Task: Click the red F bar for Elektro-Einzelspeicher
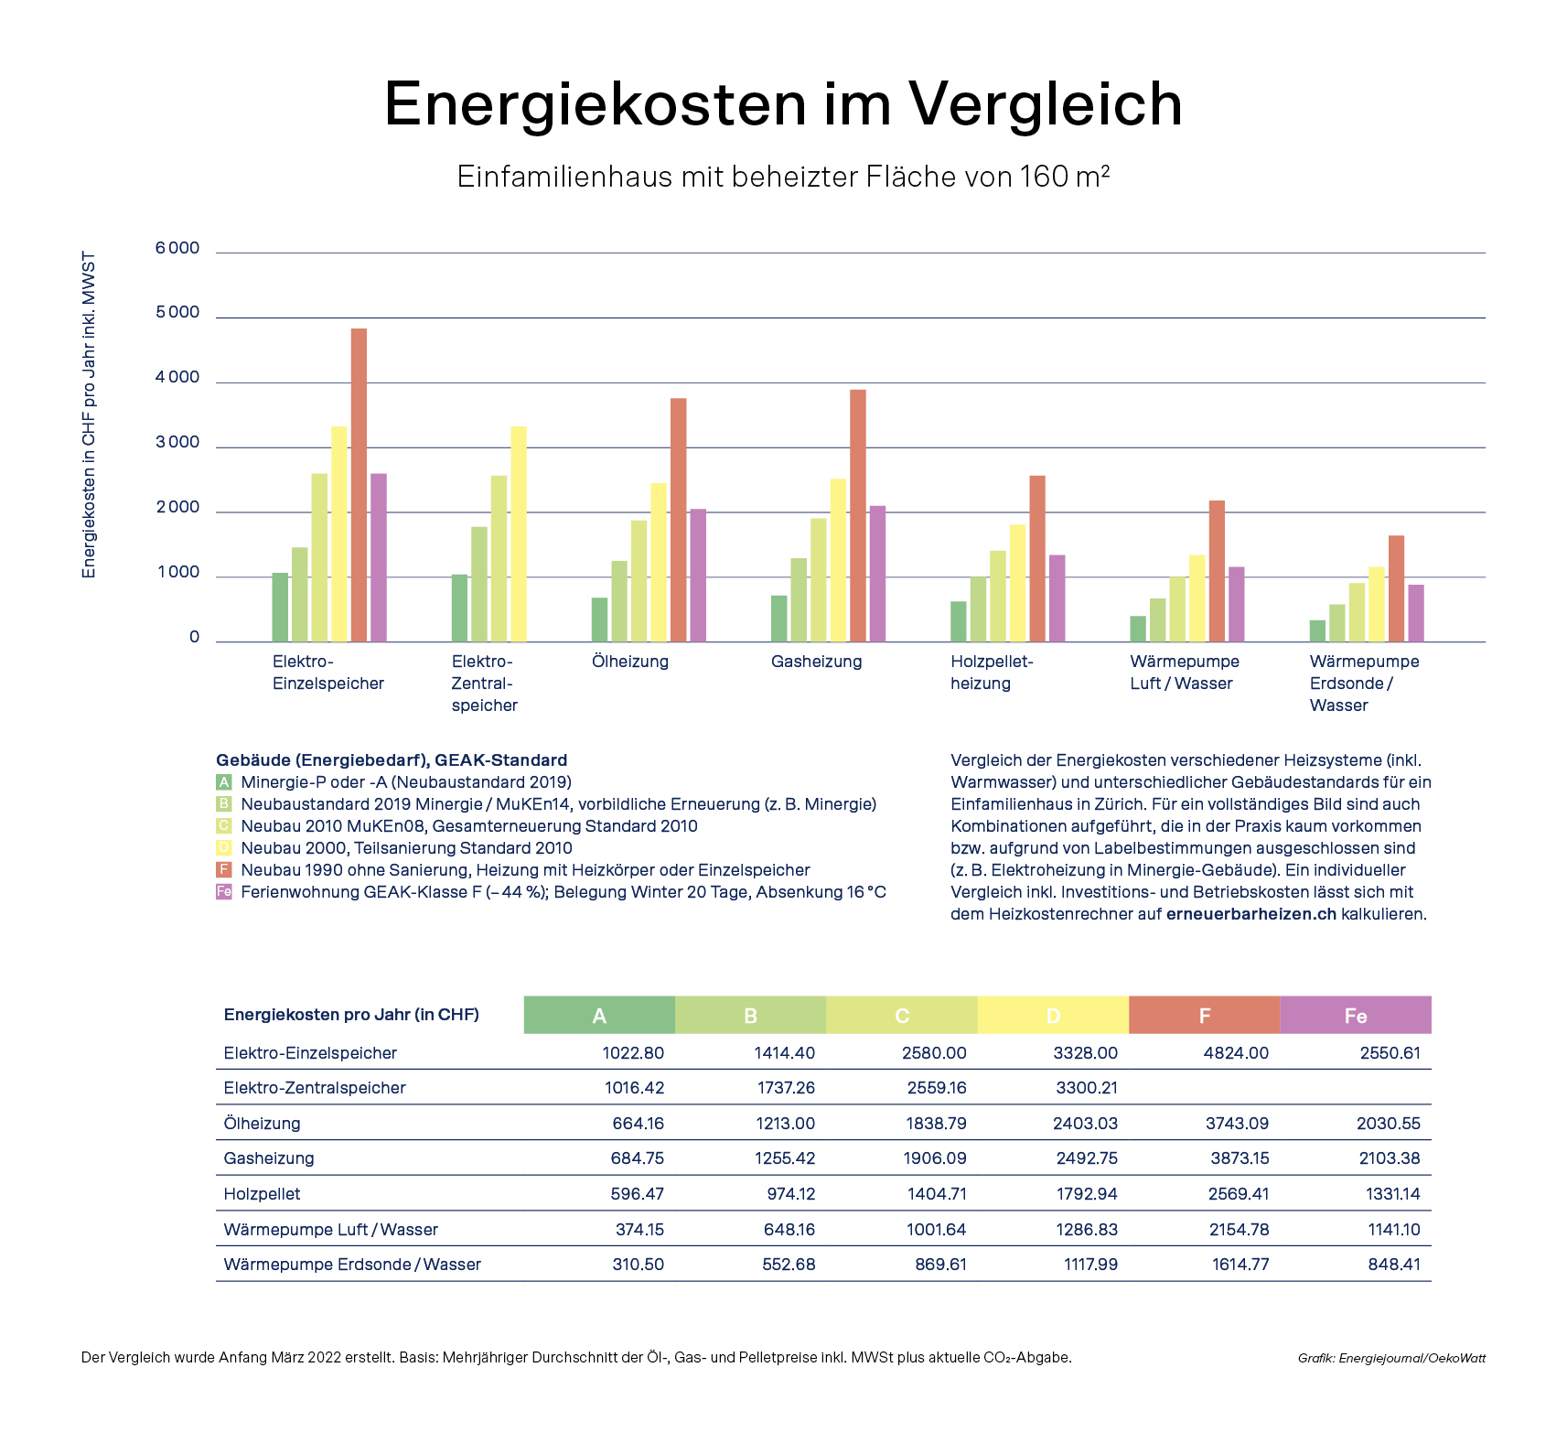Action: point(359,485)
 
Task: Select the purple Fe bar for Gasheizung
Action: point(877,574)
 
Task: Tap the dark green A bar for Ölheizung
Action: point(599,619)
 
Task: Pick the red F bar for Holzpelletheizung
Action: point(1036,558)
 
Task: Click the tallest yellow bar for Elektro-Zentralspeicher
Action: point(519,533)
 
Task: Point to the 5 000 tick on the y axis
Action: point(177,313)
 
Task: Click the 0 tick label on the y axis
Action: point(194,638)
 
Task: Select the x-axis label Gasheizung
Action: point(816,662)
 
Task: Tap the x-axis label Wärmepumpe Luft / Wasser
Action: point(1184,673)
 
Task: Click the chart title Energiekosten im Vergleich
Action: point(783,103)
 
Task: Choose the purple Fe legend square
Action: point(224,892)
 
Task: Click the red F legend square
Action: point(224,870)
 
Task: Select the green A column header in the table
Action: point(599,1016)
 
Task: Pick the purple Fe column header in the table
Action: point(1355,1016)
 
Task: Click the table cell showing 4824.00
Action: point(1236,1053)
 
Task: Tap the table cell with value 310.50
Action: point(638,1265)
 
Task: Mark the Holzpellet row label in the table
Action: point(262,1194)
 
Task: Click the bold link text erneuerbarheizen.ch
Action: point(1250,914)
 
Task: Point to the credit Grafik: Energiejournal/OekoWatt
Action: point(1391,1358)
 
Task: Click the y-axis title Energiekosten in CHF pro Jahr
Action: point(89,415)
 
